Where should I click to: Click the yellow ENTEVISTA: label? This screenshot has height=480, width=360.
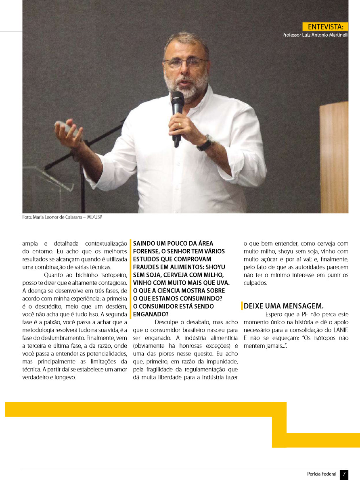point(325,27)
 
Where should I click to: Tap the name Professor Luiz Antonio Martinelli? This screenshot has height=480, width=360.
point(315,35)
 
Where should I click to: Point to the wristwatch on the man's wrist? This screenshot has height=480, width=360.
point(206,142)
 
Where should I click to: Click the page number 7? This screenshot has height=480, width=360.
point(344,474)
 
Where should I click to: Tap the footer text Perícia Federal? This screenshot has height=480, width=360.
point(322,474)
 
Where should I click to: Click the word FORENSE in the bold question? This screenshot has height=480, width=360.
point(147,251)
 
